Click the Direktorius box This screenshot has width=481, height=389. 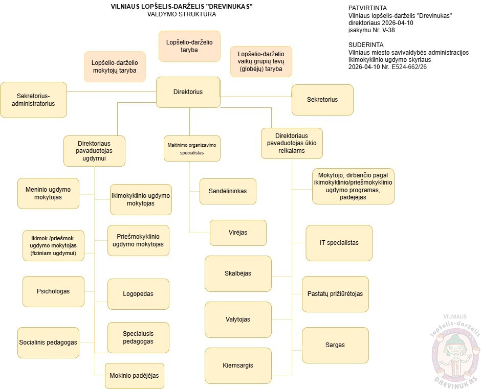188,92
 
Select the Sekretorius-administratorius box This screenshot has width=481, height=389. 33,99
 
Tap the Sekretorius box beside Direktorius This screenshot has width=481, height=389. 322,100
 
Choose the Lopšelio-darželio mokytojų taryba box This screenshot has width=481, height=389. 115,66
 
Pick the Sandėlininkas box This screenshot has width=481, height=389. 228,191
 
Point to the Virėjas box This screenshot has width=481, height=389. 238,233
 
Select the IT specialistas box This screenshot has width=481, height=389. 339,243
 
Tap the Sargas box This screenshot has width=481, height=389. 335,345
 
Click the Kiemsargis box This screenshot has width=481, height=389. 238,365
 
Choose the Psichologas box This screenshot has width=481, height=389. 53,291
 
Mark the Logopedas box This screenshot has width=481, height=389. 138,294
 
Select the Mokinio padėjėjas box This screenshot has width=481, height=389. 134,375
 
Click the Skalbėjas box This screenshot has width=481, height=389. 238,273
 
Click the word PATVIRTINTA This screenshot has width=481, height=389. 367,9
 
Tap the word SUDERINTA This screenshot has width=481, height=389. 366,45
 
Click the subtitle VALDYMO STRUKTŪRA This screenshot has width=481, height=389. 181,14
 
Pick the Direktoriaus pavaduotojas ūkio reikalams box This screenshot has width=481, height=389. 292,143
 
